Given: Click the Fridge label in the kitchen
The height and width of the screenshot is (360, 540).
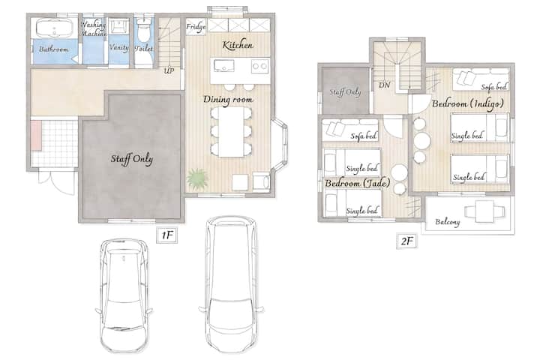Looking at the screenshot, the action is point(196,27).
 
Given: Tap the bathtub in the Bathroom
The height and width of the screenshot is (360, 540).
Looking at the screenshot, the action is point(55,28).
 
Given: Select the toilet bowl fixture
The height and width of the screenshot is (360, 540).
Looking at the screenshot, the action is point(143,31).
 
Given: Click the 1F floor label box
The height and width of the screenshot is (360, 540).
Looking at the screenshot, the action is point(167,235).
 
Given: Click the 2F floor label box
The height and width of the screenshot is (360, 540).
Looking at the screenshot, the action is point(406,241).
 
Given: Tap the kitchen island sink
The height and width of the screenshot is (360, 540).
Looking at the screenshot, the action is point(223,65).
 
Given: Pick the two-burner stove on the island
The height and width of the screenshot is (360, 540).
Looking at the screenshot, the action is point(259,66).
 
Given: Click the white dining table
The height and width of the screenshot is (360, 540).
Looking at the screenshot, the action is point(232,132).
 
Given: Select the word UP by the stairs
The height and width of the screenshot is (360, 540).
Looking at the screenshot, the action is point(169,71).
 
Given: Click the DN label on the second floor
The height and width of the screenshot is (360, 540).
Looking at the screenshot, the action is point(384,85).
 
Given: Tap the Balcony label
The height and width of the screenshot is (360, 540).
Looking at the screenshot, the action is point(447,222).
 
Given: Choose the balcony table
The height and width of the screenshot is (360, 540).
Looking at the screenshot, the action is point(484,211).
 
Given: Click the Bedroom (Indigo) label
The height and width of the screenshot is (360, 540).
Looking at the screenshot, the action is point(468,103).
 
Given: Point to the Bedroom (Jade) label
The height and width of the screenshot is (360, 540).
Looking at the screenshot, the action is point(358,183).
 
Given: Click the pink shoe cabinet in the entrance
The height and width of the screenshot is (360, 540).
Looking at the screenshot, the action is point(36,135).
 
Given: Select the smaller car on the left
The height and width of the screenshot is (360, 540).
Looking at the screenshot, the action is point(124,295).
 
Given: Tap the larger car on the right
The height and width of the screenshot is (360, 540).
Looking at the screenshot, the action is point(231,284).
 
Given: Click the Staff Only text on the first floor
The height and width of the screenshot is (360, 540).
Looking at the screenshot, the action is point(132,159).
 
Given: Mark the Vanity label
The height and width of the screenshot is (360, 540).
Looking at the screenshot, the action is point(118,47).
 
